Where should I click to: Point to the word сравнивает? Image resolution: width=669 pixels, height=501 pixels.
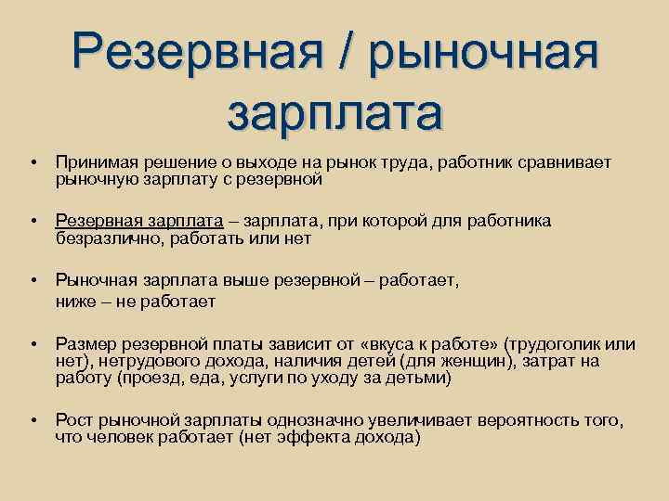tap(567, 162)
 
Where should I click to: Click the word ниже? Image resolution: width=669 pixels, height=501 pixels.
tap(75, 301)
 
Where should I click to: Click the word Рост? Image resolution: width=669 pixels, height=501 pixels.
tap(73, 420)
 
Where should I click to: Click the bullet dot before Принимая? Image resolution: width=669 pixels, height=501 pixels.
tap(33, 162)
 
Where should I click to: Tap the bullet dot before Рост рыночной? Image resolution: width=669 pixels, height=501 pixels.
tap(33, 420)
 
